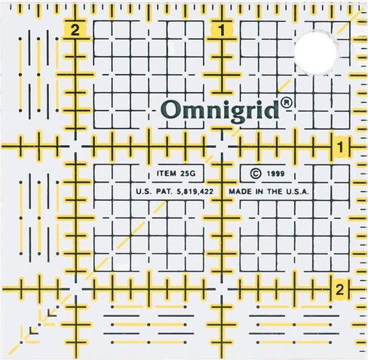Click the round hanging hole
click(x=317, y=51)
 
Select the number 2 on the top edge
click(x=74, y=31)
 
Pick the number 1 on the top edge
click(x=222, y=31)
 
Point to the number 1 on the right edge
click(x=341, y=146)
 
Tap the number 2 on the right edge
click(x=340, y=288)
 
